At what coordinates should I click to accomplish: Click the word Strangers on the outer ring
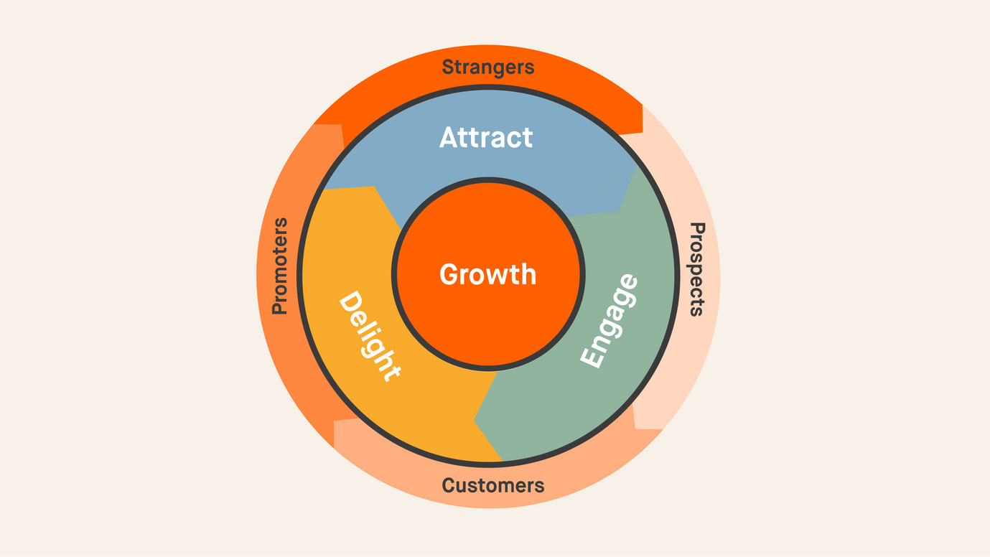[x=488, y=67]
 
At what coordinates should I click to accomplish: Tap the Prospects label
[x=696, y=269]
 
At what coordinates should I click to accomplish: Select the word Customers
[x=492, y=485]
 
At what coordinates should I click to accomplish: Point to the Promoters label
[x=279, y=266]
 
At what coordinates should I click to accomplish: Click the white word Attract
[x=486, y=137]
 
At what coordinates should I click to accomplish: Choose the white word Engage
[x=609, y=321]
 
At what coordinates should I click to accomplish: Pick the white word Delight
[x=368, y=335]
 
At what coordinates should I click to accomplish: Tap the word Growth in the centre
[x=487, y=274]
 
